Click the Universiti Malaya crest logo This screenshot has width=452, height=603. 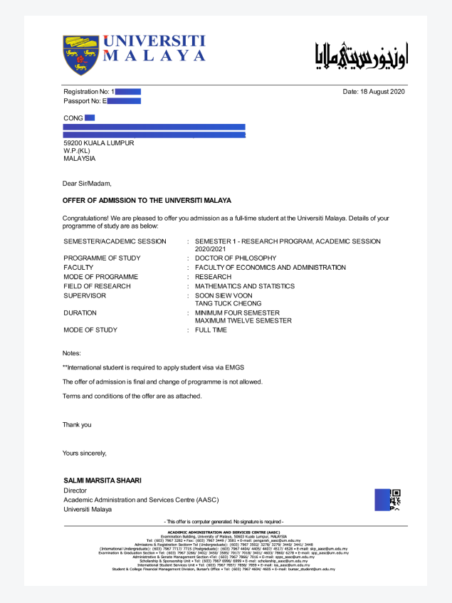(x=80, y=55)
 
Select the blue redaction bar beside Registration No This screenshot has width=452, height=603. (x=128, y=92)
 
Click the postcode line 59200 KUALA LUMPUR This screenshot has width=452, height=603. (x=98, y=143)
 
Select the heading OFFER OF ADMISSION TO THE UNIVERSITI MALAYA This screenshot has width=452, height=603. (x=147, y=201)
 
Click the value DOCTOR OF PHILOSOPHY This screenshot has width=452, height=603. (x=236, y=258)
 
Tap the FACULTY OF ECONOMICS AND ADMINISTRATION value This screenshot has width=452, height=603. (x=270, y=268)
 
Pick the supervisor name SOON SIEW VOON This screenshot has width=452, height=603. (x=224, y=295)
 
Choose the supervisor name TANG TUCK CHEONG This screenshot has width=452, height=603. (x=228, y=303)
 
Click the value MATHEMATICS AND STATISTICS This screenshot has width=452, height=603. (x=244, y=286)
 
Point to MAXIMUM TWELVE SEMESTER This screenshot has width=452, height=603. (x=243, y=321)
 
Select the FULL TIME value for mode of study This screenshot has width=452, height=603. (x=211, y=330)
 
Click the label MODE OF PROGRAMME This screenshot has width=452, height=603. (x=100, y=277)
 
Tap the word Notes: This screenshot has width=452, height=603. (x=72, y=353)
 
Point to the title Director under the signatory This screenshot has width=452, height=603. (x=75, y=491)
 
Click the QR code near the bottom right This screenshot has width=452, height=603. (x=396, y=500)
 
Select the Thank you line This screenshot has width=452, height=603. (x=77, y=425)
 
